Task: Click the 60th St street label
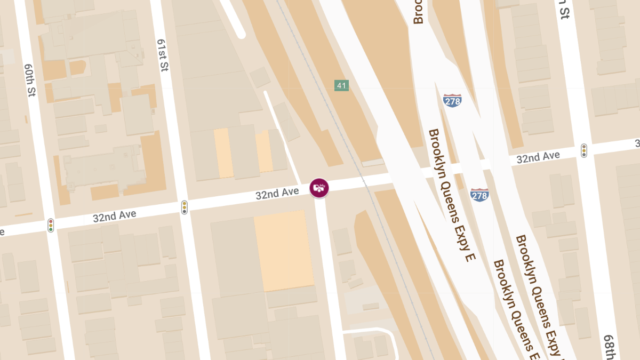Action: coord(30,81)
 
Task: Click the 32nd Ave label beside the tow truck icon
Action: coord(277,194)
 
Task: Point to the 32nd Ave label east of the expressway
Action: coord(538,157)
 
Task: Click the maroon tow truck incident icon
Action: coord(319,188)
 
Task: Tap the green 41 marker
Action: coord(341,85)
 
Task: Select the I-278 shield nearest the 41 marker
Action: coord(452,100)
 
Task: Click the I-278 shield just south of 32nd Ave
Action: coord(479,195)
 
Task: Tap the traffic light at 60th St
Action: coord(51,225)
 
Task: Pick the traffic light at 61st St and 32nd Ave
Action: coord(185,207)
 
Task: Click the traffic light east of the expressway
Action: coord(584,150)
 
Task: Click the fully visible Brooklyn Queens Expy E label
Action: coord(451,195)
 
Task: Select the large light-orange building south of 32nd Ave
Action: coord(283,251)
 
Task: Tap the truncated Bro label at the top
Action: coord(418,12)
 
